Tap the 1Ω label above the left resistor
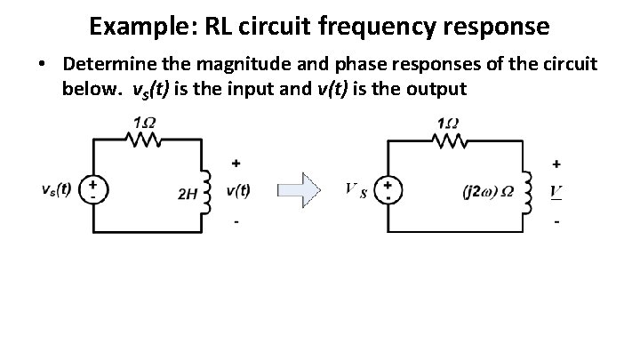[x=140, y=122]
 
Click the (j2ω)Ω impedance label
[x=487, y=190]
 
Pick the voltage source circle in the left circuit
[x=92, y=188]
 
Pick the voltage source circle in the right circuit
[x=387, y=188]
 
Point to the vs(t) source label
[x=58, y=188]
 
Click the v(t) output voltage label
[x=238, y=189]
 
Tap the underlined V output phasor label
[x=556, y=190]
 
